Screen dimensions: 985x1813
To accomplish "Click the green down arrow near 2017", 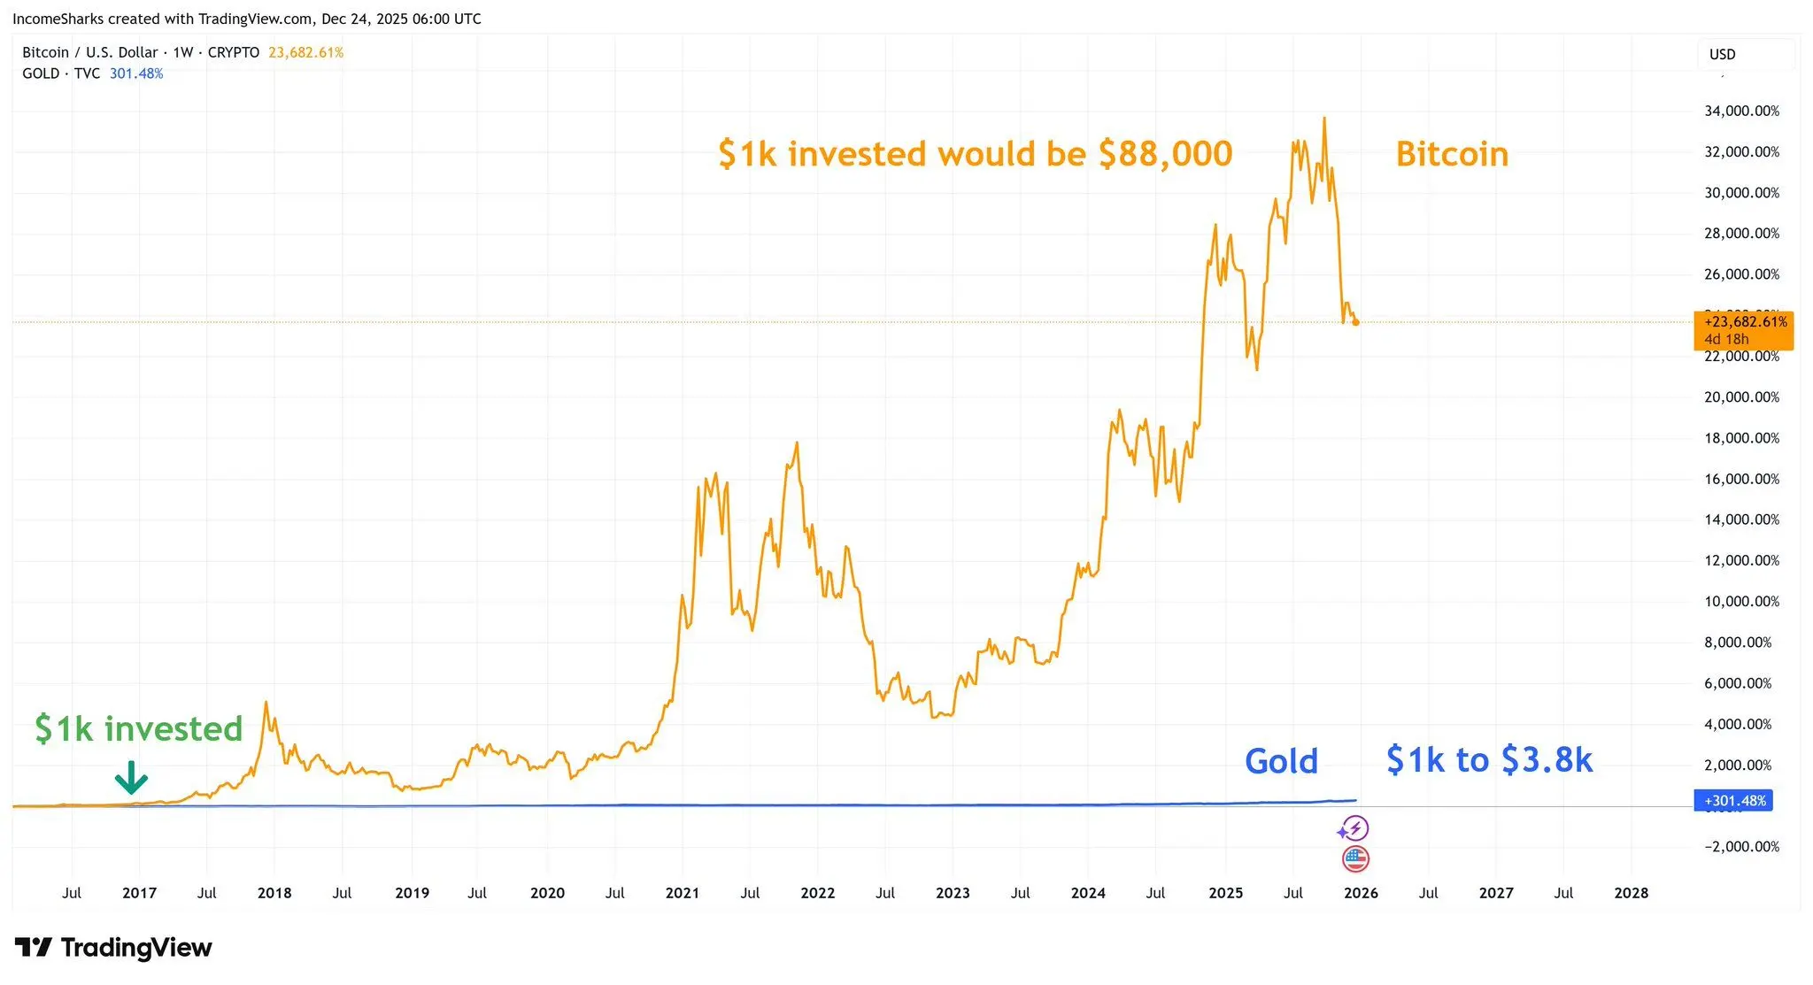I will coord(131,777).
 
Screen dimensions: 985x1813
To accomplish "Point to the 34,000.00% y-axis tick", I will coord(1741,112).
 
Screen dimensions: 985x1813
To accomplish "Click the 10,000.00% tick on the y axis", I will coord(1741,602).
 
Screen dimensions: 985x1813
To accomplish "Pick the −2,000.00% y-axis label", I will coord(1741,847).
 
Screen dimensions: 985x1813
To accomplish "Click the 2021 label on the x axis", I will coord(683,893).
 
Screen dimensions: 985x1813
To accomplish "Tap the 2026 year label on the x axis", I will coord(1361,893).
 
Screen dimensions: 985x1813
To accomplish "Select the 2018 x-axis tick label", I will coord(274,893).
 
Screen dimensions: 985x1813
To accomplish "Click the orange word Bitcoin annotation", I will coord(1452,154).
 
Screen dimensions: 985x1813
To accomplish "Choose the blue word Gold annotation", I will coord(1281,761).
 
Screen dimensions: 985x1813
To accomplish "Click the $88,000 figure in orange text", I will coord(1165,154).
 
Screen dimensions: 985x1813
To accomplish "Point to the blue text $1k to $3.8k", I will coord(1489,760).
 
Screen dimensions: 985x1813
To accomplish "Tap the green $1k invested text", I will coord(138,729).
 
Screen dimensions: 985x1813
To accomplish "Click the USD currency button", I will coord(1723,54).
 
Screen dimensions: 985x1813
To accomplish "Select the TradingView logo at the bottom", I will coord(113,948).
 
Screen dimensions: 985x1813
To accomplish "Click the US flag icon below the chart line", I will coord(1355,858).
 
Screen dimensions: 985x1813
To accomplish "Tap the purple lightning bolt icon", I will coord(1354,829).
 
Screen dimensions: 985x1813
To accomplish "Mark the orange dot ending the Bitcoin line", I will coord(1355,322).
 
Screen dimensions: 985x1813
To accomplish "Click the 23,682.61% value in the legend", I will coord(305,53).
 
